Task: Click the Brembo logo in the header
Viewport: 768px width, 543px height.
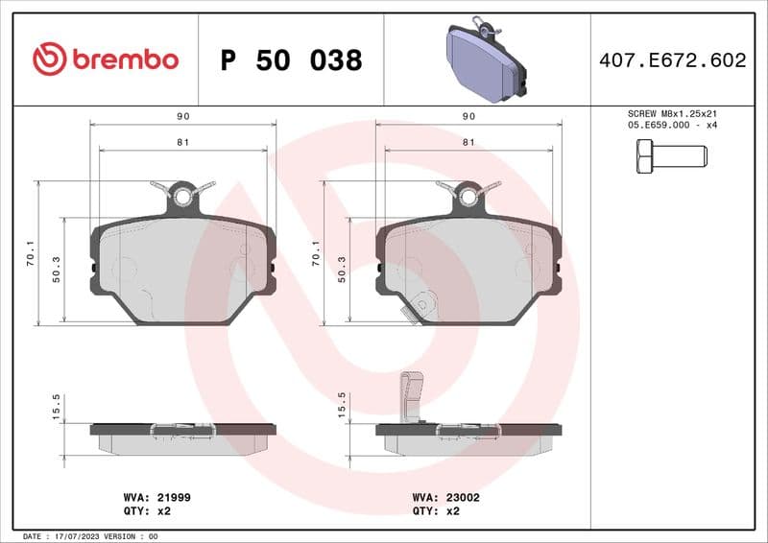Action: (105, 59)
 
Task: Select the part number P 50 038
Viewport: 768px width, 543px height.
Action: (291, 60)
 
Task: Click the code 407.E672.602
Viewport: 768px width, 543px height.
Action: (671, 60)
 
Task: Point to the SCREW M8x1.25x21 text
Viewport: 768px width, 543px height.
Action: (671, 113)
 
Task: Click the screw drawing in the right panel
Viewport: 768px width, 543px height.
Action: (671, 155)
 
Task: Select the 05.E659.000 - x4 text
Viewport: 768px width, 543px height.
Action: (671, 126)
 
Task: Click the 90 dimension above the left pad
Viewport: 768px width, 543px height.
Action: (182, 116)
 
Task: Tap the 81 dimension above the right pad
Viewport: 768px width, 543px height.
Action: (468, 142)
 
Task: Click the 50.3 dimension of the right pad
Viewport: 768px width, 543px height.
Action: (343, 270)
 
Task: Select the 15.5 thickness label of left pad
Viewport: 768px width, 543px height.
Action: (57, 407)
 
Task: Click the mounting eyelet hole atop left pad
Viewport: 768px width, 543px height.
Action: (182, 197)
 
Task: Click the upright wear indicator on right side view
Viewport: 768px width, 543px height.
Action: (410, 395)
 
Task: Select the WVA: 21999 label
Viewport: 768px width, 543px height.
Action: (150, 498)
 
